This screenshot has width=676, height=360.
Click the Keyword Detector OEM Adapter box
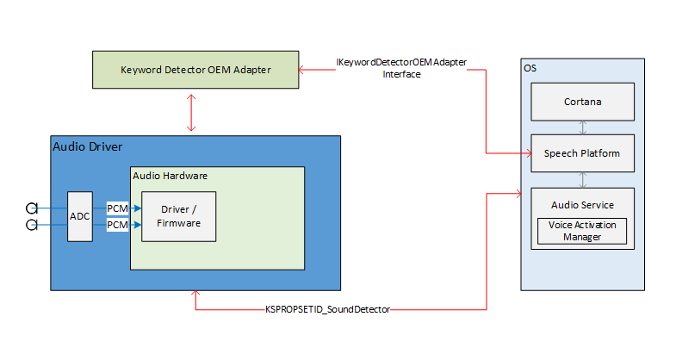196,70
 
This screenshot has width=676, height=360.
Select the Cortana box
582,102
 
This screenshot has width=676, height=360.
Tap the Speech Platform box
582,153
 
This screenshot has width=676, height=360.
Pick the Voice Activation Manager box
582,231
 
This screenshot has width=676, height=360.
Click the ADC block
79,216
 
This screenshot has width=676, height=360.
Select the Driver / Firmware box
178,217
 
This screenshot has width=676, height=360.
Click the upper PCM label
117,208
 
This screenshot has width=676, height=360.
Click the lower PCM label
117,225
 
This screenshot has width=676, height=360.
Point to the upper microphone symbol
32,208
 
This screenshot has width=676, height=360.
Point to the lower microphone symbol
32,225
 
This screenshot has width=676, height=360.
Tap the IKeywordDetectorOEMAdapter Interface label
401,69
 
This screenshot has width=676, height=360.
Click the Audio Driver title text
86,146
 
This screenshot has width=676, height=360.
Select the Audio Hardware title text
170,175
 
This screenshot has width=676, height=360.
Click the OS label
530,67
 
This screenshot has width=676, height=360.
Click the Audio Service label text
582,205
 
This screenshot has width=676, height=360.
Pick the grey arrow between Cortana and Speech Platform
583,127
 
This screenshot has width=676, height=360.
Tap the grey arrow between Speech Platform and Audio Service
583,179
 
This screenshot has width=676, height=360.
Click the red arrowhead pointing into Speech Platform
525,153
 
